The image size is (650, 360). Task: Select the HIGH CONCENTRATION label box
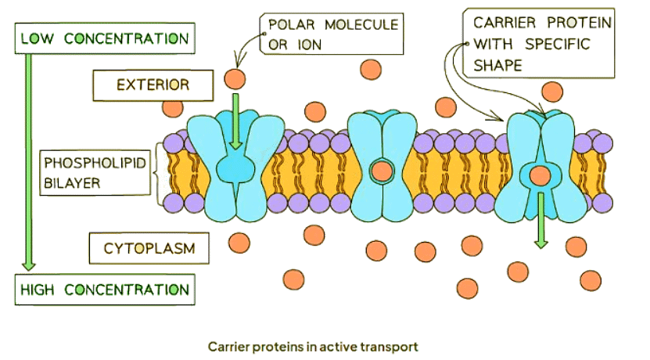104,290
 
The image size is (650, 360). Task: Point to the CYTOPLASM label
149,250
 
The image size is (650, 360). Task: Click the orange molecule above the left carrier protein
233,77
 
